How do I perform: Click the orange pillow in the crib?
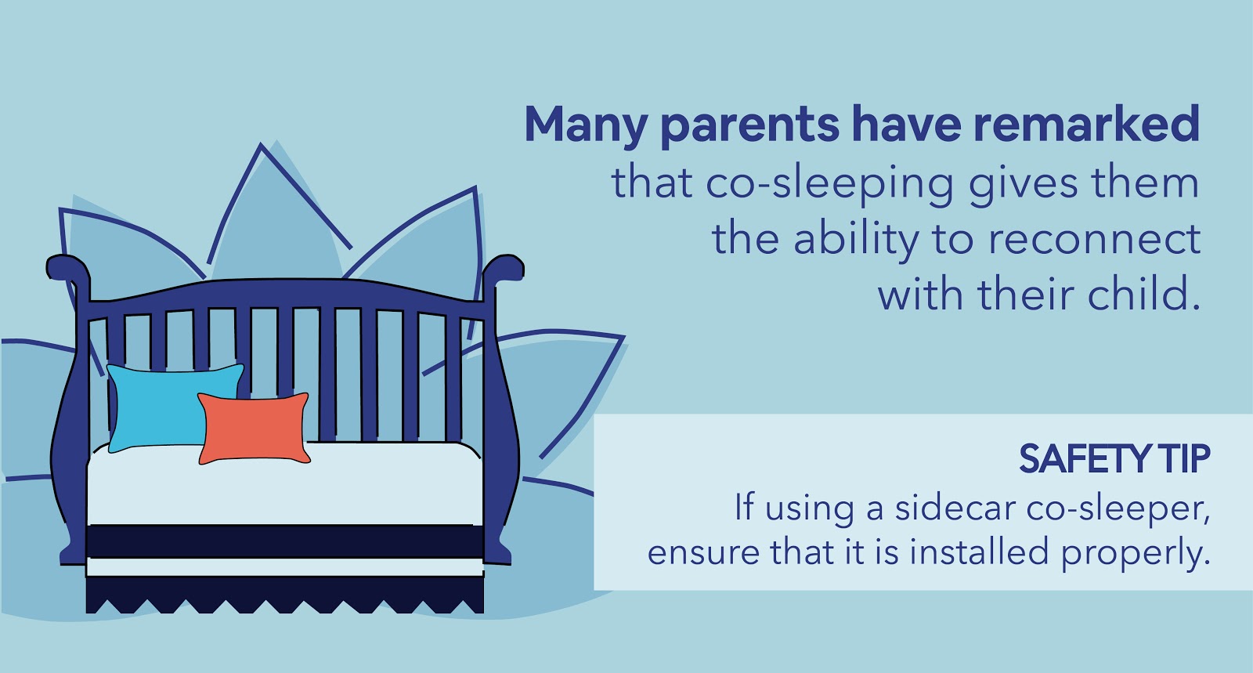(254, 429)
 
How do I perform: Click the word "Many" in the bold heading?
(586, 125)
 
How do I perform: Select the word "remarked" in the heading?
(1086, 124)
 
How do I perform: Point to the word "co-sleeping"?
(829, 184)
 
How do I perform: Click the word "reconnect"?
(1095, 240)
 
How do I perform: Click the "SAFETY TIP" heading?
(1114, 459)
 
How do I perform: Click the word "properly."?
(1136, 553)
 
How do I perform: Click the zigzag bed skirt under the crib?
(285, 595)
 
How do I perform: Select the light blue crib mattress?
(285, 484)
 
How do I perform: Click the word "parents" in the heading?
(749, 128)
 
